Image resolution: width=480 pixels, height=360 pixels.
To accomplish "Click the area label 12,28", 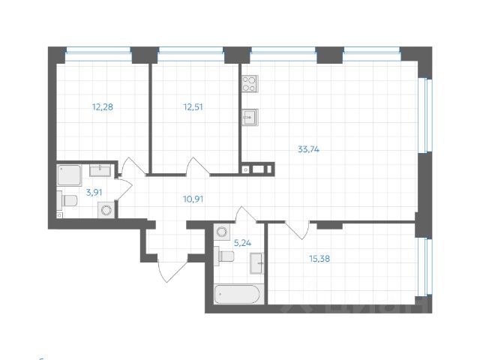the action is click(x=103, y=106).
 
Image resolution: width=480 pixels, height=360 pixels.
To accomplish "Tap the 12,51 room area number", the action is click(x=193, y=106).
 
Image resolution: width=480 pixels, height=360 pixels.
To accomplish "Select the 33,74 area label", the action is click(x=308, y=148).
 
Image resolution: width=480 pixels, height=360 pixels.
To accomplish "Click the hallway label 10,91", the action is click(x=193, y=199).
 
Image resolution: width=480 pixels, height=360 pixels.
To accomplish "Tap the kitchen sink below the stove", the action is click(x=250, y=116).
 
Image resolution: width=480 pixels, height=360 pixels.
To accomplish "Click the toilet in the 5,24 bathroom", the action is click(x=224, y=256).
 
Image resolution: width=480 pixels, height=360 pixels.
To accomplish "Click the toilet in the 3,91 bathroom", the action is click(x=67, y=200).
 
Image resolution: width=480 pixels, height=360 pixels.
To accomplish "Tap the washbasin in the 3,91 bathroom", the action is click(x=101, y=170).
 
